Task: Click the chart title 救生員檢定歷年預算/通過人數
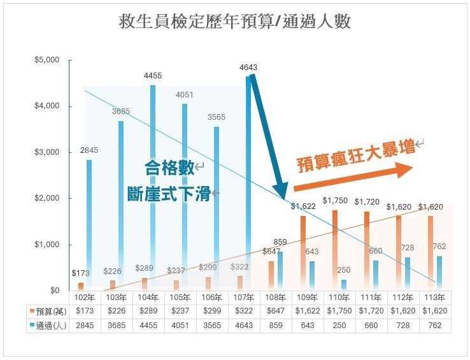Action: click(x=235, y=22)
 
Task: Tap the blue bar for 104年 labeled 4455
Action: click(x=153, y=188)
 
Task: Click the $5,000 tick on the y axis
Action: click(x=46, y=60)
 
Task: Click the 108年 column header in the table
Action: click(x=276, y=298)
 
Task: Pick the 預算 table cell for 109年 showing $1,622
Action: click(x=308, y=312)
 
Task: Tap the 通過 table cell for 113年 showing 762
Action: click(x=435, y=326)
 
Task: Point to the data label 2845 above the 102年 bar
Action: click(x=89, y=150)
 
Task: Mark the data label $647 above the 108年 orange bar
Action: click(x=271, y=252)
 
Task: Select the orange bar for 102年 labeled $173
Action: click(x=81, y=286)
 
